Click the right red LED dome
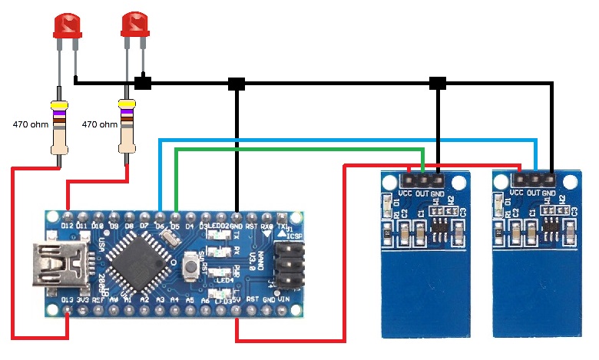click(135, 25)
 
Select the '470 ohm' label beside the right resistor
click(99, 124)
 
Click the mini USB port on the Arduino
click(50, 265)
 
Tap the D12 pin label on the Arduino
click(69, 226)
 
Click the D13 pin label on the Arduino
click(68, 299)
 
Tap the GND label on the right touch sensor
click(549, 193)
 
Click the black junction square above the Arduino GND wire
click(237, 83)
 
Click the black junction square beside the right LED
click(143, 82)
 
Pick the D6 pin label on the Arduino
click(160, 226)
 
